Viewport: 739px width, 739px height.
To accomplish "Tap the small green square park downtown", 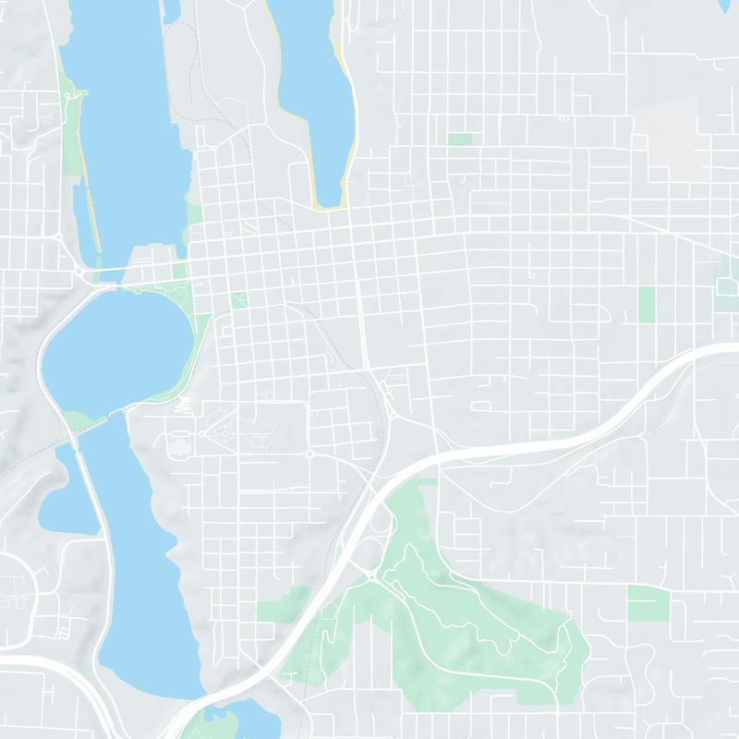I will click(239, 299).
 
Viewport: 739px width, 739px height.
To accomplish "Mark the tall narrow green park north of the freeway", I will click(647, 304).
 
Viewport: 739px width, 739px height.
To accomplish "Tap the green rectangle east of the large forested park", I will click(648, 602).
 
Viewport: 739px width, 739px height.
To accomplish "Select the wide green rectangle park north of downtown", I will click(459, 139).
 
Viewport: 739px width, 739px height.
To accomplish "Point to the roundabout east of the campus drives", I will click(309, 454).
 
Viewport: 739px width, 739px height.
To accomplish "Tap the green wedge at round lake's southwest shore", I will click(79, 421).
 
